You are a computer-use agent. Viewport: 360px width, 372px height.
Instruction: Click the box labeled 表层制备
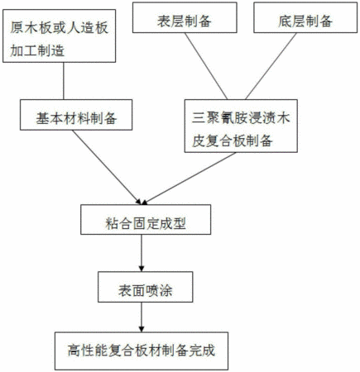pyautogui.click(x=185, y=17)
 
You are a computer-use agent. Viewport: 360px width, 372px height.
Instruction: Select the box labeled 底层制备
pyautogui.click(x=305, y=17)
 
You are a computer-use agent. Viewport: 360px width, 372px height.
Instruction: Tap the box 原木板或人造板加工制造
pyautogui.click(x=59, y=36)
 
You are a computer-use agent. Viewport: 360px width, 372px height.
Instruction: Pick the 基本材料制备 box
pyautogui.click(x=76, y=115)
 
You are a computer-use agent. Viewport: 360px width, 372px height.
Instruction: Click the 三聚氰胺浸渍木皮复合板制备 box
pyautogui.click(x=241, y=126)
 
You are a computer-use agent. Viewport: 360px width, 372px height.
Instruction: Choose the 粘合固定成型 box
pyautogui.click(x=146, y=220)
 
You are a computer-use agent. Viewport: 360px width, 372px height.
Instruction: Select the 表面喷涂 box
pyautogui.click(x=146, y=287)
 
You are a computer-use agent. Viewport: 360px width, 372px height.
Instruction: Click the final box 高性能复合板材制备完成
pyautogui.click(x=142, y=351)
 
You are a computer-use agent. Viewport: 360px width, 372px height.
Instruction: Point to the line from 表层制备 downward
pyautogui.click(x=206, y=66)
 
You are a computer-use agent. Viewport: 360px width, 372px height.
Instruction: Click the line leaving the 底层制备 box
pyautogui.click(x=271, y=66)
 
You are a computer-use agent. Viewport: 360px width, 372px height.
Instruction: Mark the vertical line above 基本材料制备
pyautogui.click(x=64, y=81)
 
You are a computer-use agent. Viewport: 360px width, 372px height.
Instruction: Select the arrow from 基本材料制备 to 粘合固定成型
pyautogui.click(x=107, y=167)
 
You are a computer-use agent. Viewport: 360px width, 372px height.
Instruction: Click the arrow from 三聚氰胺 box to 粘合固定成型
pyautogui.click(x=189, y=179)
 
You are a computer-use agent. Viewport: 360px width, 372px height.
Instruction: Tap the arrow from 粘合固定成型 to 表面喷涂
pyautogui.click(x=142, y=253)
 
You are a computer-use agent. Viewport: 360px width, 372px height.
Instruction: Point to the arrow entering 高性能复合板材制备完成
pyautogui.click(x=142, y=317)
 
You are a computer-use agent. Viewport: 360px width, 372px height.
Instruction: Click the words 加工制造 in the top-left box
pyautogui.click(x=37, y=50)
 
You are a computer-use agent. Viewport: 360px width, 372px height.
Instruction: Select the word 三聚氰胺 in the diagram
pyautogui.click(x=219, y=118)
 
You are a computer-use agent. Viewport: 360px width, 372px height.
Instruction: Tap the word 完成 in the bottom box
pyautogui.click(x=202, y=351)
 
